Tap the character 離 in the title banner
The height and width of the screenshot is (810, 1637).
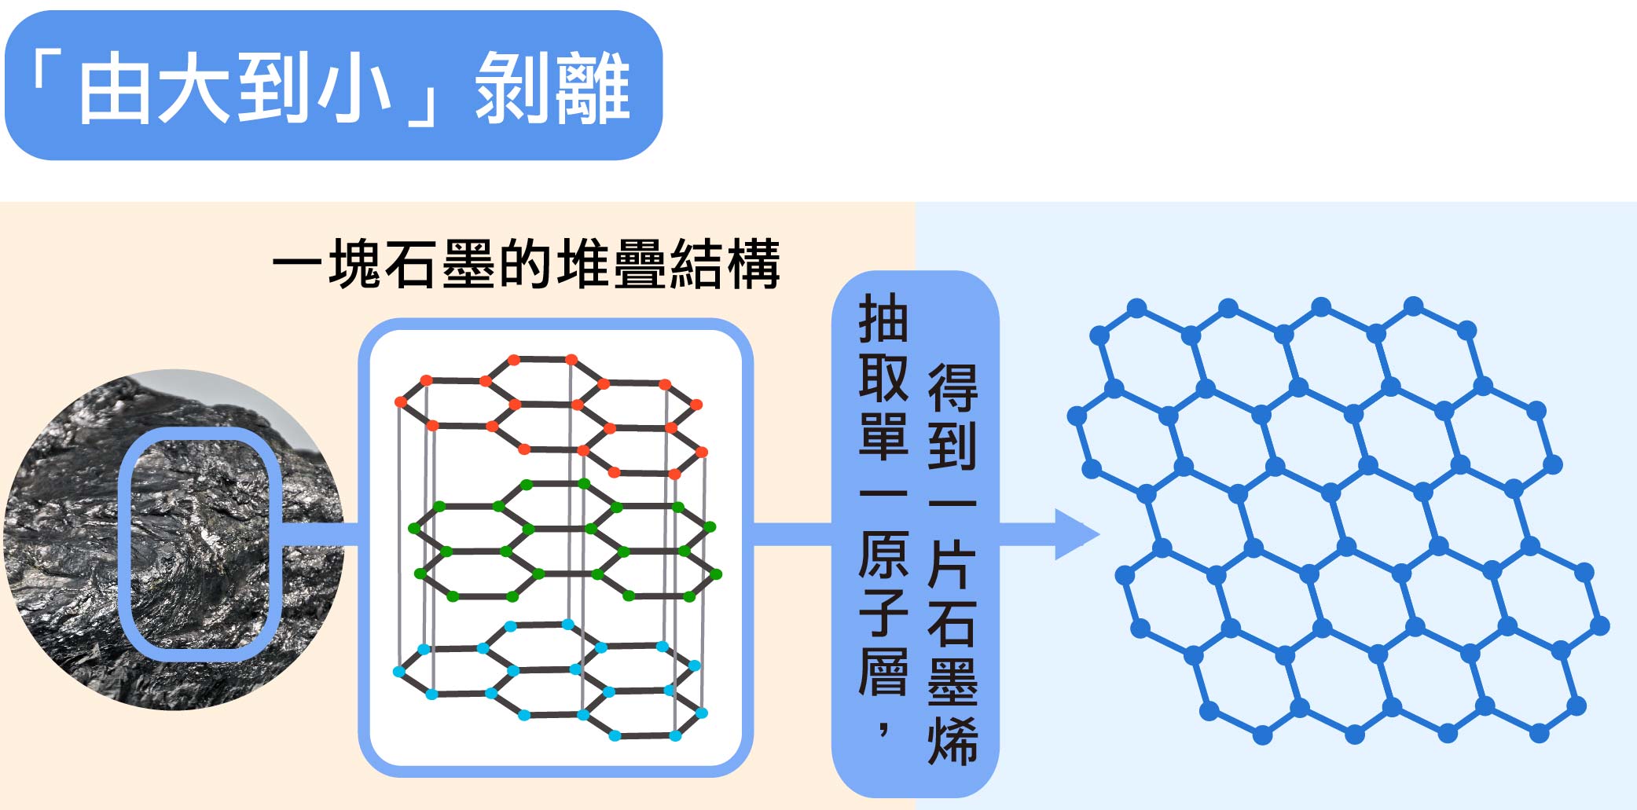click(591, 88)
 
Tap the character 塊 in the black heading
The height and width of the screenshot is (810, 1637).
click(354, 264)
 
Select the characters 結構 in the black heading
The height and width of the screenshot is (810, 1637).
click(724, 264)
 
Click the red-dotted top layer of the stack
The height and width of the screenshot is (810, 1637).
click(550, 416)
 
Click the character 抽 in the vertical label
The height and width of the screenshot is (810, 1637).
click(883, 319)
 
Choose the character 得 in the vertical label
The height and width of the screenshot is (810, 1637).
click(952, 388)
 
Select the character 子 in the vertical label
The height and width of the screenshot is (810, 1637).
click(883, 613)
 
